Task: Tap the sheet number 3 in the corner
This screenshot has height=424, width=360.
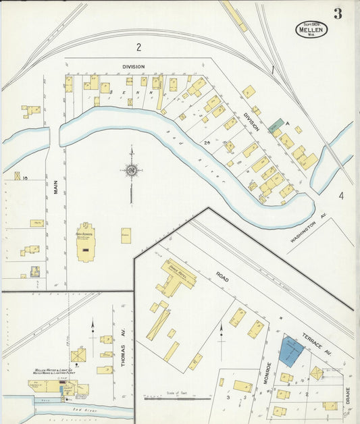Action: (x=337, y=14)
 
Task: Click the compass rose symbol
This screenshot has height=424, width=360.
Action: (x=131, y=171)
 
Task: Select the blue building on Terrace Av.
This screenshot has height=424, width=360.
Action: (x=292, y=351)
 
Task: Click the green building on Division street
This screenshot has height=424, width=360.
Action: (x=276, y=126)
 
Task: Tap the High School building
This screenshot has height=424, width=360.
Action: (x=85, y=242)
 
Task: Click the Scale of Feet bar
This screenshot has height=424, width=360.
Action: (x=176, y=398)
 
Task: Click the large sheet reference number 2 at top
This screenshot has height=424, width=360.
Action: (x=138, y=47)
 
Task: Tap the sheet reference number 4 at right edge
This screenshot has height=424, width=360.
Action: (x=341, y=196)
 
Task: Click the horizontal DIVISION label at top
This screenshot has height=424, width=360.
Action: (x=134, y=66)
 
